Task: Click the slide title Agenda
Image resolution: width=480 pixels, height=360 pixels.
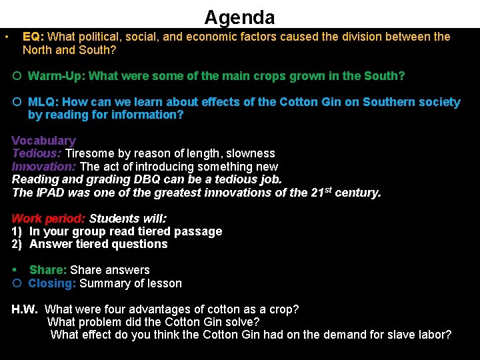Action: (239, 17)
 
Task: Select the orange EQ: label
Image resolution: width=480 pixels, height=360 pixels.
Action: (34, 37)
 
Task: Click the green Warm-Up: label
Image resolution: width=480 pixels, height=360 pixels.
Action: (57, 76)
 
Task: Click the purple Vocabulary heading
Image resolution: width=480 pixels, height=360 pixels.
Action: (44, 141)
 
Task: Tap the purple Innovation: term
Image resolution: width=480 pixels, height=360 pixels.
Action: (44, 167)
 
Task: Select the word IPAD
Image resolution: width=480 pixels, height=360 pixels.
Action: (49, 193)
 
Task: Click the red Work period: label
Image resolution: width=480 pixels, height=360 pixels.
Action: (49, 219)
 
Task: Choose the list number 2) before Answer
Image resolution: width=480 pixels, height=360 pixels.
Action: (17, 244)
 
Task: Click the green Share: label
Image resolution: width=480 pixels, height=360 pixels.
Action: (48, 270)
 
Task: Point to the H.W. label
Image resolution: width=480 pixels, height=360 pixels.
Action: (25, 309)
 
